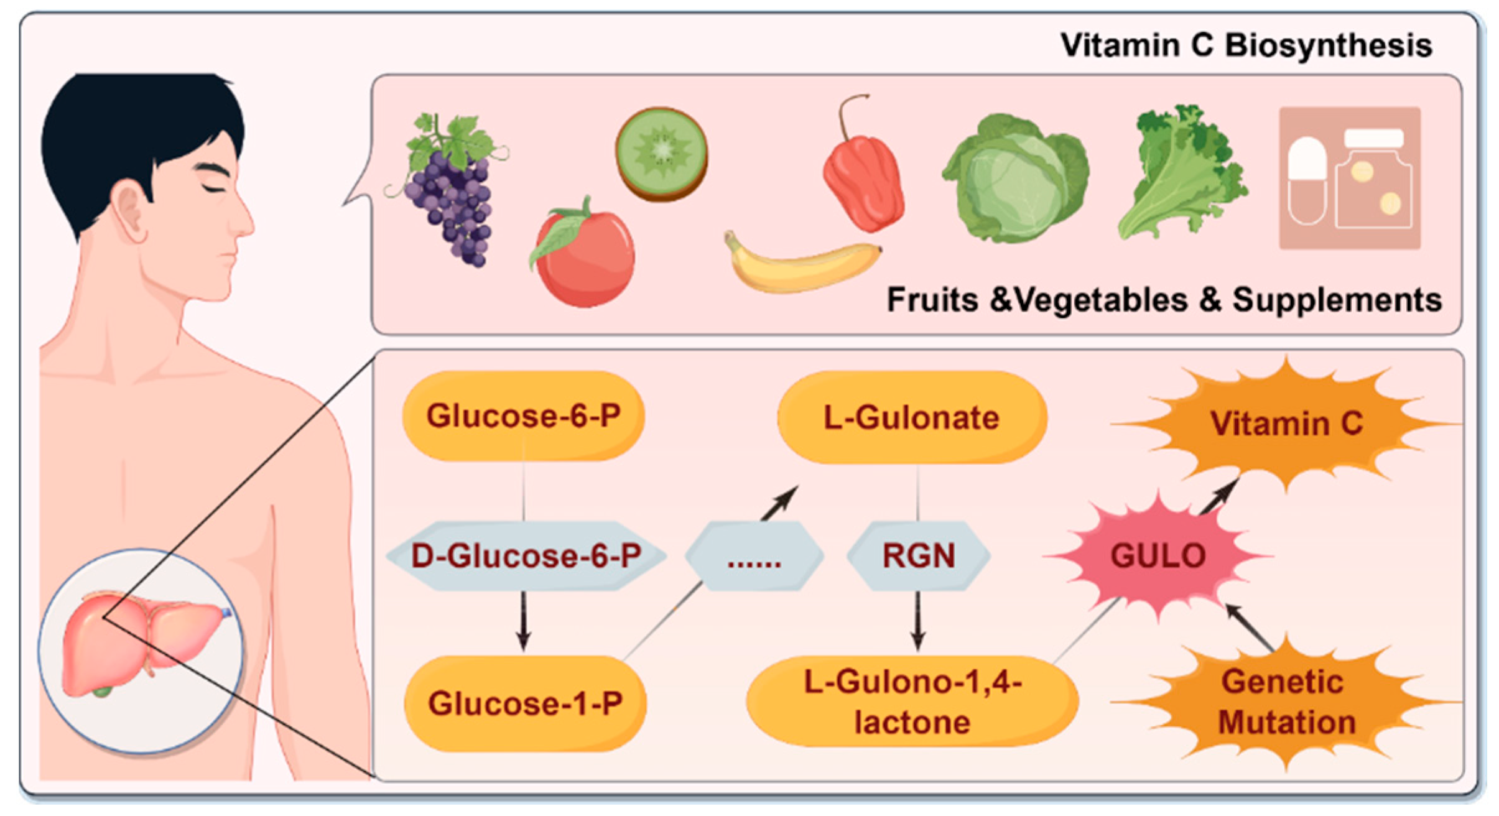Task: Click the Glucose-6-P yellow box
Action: click(523, 415)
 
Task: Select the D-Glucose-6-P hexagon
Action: click(526, 555)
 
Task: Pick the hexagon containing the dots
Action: click(754, 555)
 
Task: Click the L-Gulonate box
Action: click(911, 417)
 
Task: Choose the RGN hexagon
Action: click(918, 555)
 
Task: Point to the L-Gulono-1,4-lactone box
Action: click(912, 702)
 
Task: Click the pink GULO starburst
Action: click(1158, 555)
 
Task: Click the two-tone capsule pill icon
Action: click(1307, 180)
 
